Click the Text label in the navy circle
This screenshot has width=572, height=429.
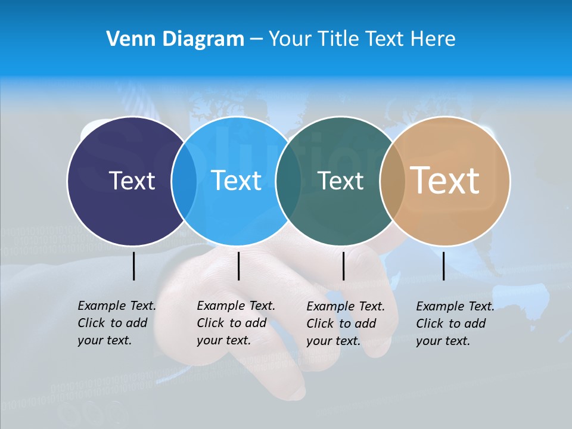click(132, 181)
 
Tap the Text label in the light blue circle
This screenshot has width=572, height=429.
click(236, 181)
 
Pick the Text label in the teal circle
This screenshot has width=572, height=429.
click(341, 181)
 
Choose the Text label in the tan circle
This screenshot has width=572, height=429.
click(444, 181)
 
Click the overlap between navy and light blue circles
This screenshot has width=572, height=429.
click(184, 181)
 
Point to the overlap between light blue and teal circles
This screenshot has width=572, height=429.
click(288, 181)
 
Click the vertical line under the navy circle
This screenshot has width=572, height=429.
click(133, 266)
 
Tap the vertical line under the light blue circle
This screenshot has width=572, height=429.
click(238, 266)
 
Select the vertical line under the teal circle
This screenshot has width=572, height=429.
click(343, 266)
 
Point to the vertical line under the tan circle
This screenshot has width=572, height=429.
click(443, 266)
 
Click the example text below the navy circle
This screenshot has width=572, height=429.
click(116, 323)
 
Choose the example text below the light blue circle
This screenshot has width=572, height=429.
click(235, 323)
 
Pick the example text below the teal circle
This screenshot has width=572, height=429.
click(345, 324)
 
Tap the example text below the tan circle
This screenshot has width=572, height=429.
click(455, 324)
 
